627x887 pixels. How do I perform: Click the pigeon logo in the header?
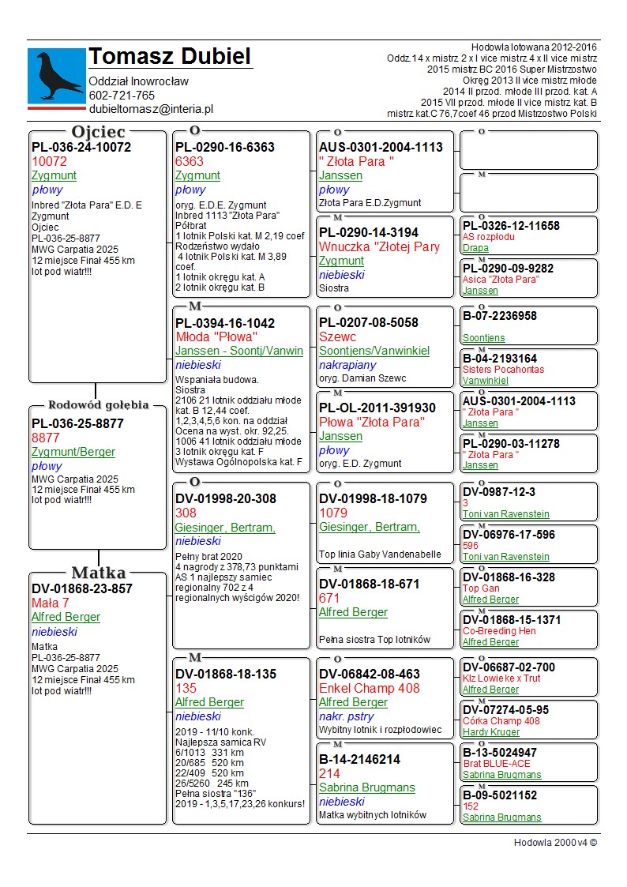pyautogui.click(x=56, y=75)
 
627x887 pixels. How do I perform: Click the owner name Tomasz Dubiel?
pyautogui.click(x=170, y=57)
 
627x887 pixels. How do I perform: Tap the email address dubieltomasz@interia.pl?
pyautogui.click(x=151, y=110)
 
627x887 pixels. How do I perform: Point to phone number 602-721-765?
pyautogui.click(x=122, y=96)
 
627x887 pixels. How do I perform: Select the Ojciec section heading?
pyautogui.click(x=98, y=132)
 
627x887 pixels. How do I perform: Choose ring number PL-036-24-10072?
pyautogui.click(x=81, y=147)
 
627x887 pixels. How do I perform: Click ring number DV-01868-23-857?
pyautogui.click(x=82, y=588)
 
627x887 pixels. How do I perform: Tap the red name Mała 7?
pyautogui.click(x=51, y=603)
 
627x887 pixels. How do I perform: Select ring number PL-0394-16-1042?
pyautogui.click(x=225, y=322)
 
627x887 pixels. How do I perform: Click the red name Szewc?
pyautogui.click(x=337, y=336)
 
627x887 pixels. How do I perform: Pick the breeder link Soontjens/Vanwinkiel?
pyautogui.click(x=374, y=351)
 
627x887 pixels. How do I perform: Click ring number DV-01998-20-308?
pyautogui.click(x=226, y=498)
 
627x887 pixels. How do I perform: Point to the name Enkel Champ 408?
pyautogui.click(x=370, y=688)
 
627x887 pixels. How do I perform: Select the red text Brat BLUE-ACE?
pyautogui.click(x=497, y=764)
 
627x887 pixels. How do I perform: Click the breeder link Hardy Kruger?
pyautogui.click(x=491, y=732)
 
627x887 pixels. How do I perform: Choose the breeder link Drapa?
pyautogui.click(x=475, y=248)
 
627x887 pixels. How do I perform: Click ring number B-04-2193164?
pyautogui.click(x=500, y=359)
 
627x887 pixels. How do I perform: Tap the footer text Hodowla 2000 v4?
pyautogui.click(x=555, y=842)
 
